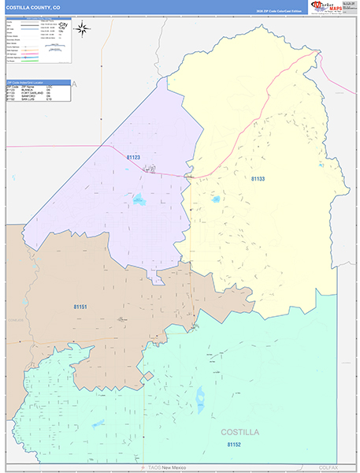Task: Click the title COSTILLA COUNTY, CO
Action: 33,7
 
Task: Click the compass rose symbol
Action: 82,28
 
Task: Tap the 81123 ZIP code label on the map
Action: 132,158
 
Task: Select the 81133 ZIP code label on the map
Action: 258,179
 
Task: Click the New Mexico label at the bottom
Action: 176,467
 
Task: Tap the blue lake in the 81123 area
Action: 139,199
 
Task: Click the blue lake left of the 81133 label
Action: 216,199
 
